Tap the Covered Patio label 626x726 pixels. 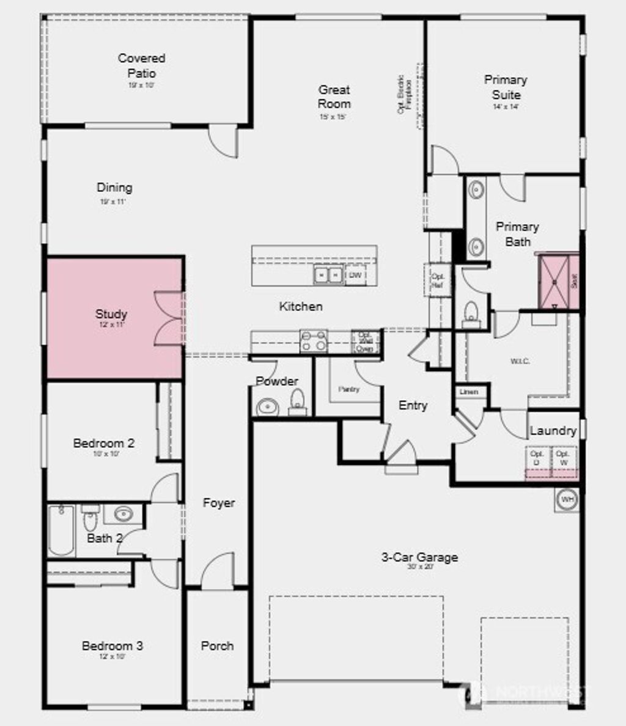pyautogui.click(x=141, y=65)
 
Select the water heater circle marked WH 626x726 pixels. pyautogui.click(x=567, y=500)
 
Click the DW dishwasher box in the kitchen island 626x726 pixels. pyautogui.click(x=355, y=276)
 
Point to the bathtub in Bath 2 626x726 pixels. pyautogui.click(x=61, y=530)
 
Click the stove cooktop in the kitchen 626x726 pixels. pyautogui.click(x=314, y=341)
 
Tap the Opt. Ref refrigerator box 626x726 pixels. pyautogui.click(x=438, y=280)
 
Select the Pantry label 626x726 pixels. pyautogui.click(x=349, y=389)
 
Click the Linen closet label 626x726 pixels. pyautogui.click(x=469, y=392)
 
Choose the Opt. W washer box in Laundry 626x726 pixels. pyautogui.click(x=563, y=458)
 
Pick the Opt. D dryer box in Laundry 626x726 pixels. pyautogui.click(x=537, y=458)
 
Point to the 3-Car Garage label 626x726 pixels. pyautogui.click(x=419, y=557)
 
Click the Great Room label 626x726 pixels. pyautogui.click(x=334, y=97)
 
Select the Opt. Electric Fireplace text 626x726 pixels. pyautogui.click(x=404, y=94)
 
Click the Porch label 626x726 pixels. pyautogui.click(x=217, y=646)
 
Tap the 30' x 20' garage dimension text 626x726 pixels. pyautogui.click(x=419, y=567)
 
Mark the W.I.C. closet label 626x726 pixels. pyautogui.click(x=520, y=361)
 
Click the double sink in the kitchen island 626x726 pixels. pyautogui.click(x=328, y=276)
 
